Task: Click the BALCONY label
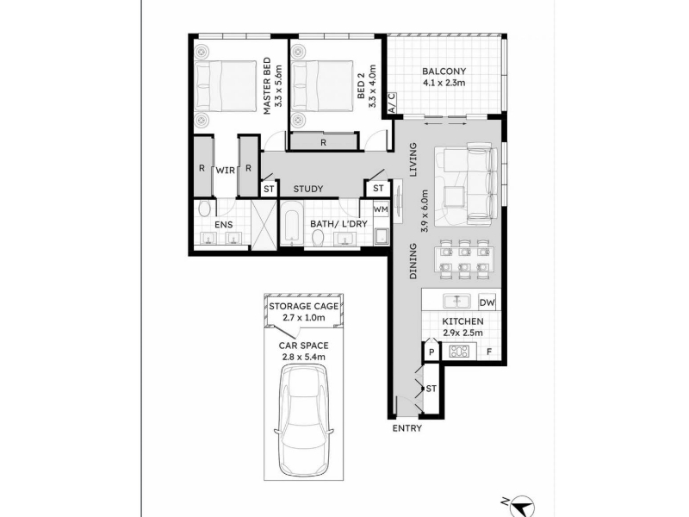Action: tap(444, 72)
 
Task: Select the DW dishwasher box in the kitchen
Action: tap(487, 302)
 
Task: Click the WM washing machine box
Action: tap(381, 209)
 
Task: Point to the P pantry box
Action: tap(431, 352)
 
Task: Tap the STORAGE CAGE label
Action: tap(304, 307)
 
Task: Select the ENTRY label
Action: tap(407, 428)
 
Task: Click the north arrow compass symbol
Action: tap(522, 506)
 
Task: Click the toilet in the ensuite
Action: tap(204, 209)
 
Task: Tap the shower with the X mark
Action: tap(264, 224)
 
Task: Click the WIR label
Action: tap(226, 170)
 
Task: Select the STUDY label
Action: tap(308, 189)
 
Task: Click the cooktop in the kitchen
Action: tap(460, 352)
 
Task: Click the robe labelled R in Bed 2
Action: tap(323, 142)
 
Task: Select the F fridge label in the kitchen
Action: tap(489, 352)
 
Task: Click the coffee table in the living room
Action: tap(455, 196)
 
